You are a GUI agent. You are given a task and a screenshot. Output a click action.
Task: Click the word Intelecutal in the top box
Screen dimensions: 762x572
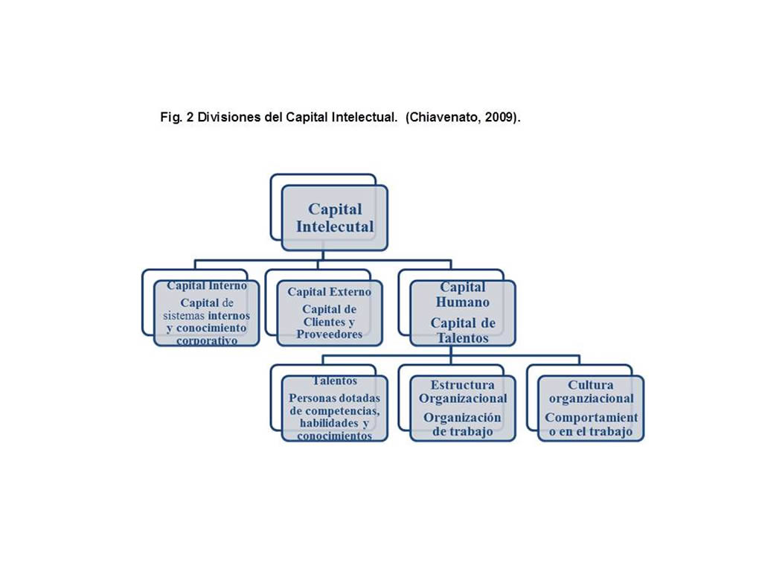click(x=335, y=226)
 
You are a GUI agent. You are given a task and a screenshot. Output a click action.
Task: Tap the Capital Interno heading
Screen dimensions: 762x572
click(x=207, y=285)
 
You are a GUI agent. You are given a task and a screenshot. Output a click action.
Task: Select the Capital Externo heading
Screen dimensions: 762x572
click(x=329, y=292)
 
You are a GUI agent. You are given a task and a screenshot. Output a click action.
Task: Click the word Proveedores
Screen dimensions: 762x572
click(x=330, y=334)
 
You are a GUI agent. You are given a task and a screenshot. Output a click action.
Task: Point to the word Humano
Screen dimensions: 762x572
click(x=463, y=302)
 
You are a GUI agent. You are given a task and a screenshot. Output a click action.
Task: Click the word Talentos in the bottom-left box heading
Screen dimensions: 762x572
click(x=334, y=381)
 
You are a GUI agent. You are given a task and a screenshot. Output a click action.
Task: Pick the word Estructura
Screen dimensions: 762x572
click(x=463, y=385)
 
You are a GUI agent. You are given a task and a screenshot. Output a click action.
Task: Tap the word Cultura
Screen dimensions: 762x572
click(x=590, y=385)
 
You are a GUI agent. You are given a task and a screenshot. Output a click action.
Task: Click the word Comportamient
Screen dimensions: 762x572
click(x=591, y=418)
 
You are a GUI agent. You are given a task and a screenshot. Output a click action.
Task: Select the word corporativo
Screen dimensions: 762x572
click(x=207, y=340)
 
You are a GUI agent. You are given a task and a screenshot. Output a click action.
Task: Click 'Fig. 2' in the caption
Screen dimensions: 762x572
click(x=177, y=117)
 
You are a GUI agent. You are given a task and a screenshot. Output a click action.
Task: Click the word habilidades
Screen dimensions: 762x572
click(x=329, y=423)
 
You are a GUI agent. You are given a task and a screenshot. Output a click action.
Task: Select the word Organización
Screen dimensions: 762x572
click(x=462, y=418)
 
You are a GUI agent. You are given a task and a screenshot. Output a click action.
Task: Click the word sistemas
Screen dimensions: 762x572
click(x=184, y=316)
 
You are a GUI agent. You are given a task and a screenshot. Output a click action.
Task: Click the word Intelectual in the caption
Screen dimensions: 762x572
click(x=364, y=117)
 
